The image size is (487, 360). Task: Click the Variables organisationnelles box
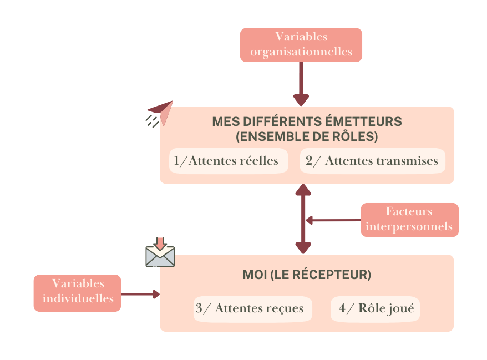point(301,45)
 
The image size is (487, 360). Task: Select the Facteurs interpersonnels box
point(409,220)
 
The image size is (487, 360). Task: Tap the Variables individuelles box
point(77,292)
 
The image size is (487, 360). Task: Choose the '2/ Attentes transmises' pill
point(372,161)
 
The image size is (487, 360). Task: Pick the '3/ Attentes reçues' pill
point(252,308)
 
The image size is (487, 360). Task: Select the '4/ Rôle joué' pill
point(375,308)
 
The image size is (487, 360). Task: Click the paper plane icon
point(161,112)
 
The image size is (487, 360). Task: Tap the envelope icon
point(160,256)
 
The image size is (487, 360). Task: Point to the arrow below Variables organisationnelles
point(301,83)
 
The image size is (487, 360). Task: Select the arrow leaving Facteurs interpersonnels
point(333,220)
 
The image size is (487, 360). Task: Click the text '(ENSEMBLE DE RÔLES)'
point(307,136)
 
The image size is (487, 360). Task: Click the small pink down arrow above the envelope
point(160,243)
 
